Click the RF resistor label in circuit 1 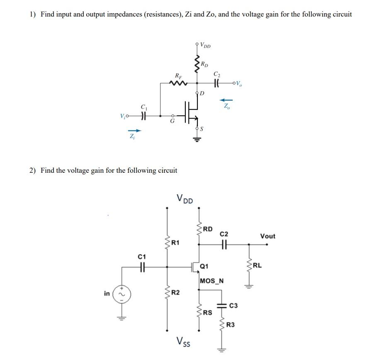[x=178, y=75]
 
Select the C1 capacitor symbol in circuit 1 [x=143, y=116]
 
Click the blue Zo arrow [x=226, y=100]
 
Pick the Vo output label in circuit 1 [x=238, y=85]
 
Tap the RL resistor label [x=257, y=265]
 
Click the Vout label [x=267, y=236]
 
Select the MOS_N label [x=211, y=281]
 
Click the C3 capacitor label [x=233, y=306]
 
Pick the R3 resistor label [x=231, y=326]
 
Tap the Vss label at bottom [x=183, y=341]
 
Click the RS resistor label [x=208, y=313]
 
